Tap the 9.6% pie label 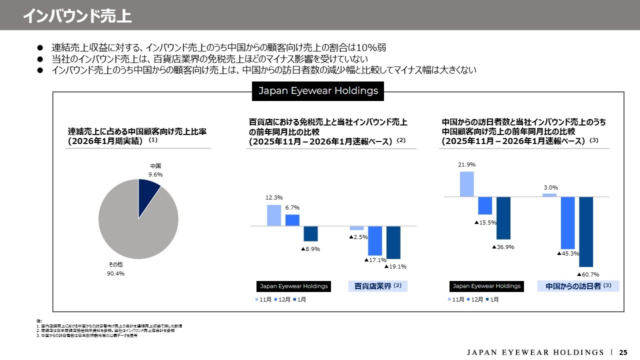coord(155,174)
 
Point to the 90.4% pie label coord(115,273)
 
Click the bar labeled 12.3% coord(274,215)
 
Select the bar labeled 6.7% coord(292,220)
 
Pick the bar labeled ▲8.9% coord(310,233)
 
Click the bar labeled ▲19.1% coord(393,242)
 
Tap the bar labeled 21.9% coord(466,184)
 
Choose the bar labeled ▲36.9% coord(503,218)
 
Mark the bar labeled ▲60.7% coord(586,231)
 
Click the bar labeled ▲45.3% coord(568,222)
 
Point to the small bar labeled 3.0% coord(549,195)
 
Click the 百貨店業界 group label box coord(378,286)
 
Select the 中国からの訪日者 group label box coord(578,286)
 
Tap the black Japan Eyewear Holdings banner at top coord(318,91)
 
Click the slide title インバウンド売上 coord(77,15)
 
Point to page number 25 coord(623,352)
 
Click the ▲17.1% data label coord(375,260)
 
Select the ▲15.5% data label coord(485,222)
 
